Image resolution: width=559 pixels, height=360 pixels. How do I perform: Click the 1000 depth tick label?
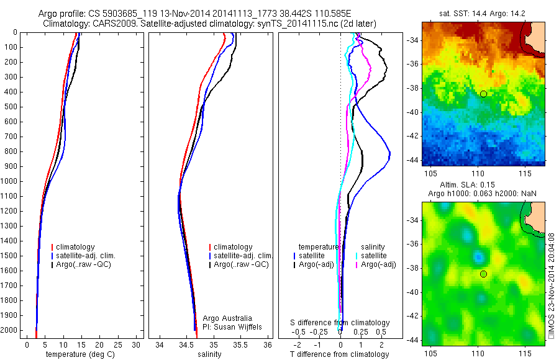coord(11,181)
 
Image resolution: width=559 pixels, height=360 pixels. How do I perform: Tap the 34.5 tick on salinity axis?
coord(187,344)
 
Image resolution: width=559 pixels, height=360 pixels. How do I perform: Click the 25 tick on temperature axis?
coord(118,344)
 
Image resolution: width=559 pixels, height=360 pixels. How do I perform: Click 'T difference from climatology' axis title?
coord(339,354)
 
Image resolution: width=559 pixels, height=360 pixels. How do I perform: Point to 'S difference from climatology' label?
coord(340,323)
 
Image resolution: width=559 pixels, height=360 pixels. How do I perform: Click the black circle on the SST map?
coord(483,94)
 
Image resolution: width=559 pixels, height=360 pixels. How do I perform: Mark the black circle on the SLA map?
coord(483,274)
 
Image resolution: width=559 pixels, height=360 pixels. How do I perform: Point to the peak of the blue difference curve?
coord(389,153)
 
